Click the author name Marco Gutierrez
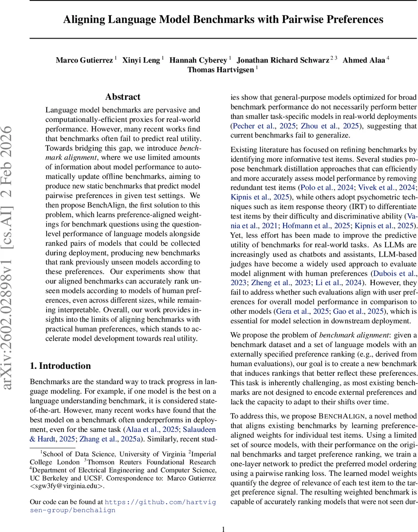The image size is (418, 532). point(84,60)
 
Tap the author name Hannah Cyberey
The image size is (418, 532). point(198,60)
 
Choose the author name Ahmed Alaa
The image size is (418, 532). point(364,60)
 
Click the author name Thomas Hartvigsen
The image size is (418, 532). point(221,70)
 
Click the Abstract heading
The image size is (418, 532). point(123,97)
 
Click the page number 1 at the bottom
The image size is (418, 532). point(224,517)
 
